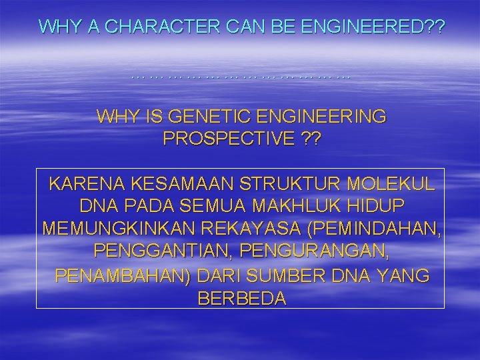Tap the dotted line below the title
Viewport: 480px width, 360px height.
pos(240,77)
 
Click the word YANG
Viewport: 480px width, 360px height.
pos(404,276)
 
